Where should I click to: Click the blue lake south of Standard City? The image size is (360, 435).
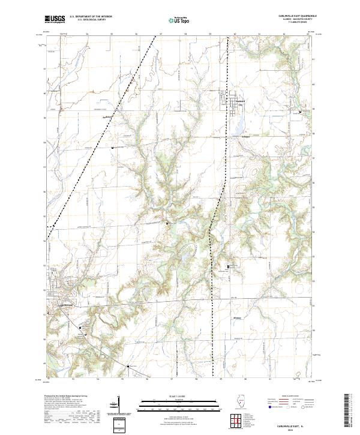coord(239,127)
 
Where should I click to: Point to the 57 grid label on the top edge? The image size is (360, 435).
coord(161,34)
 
